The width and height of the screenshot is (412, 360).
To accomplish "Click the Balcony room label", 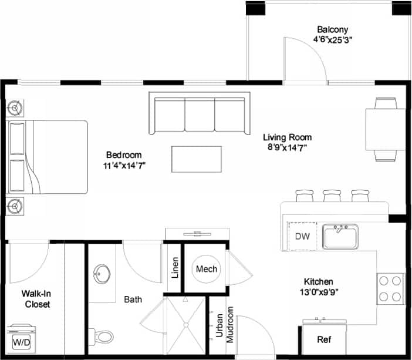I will coord(333,29).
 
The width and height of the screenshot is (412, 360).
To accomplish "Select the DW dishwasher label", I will coord(302,237).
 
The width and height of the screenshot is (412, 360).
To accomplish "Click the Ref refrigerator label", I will coord(324,339).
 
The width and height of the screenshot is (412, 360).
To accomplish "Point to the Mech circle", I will coord(206,269).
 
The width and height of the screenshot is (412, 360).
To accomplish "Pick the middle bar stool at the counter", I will coord(330,196).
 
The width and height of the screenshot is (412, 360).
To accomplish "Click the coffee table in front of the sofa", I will coord(197,159).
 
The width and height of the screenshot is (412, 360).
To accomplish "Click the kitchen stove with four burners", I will coord(390,288).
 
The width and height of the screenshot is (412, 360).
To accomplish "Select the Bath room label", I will coord(133,300).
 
